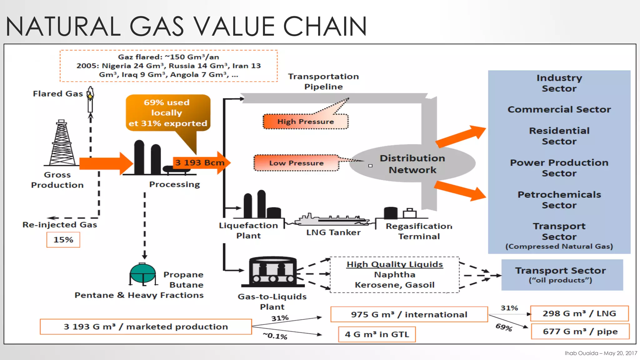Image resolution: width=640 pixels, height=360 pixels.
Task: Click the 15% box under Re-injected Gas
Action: coord(63,240)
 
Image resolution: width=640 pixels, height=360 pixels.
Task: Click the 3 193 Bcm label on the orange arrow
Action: coord(199,163)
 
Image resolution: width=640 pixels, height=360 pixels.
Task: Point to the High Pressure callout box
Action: coord(305,122)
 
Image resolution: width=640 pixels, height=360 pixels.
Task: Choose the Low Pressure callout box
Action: coord(296,163)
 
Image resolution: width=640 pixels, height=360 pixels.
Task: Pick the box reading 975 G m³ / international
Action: coord(409,314)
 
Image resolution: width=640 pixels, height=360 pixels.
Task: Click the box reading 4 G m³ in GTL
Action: coord(377,334)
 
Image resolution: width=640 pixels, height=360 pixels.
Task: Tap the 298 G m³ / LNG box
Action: coord(579,313)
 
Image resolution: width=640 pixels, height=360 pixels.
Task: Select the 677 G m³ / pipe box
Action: coord(580,332)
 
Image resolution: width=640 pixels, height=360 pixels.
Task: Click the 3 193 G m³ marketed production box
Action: coord(146,327)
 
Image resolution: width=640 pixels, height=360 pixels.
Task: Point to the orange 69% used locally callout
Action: coord(168,113)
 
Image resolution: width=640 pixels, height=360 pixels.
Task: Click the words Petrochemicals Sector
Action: coord(559,200)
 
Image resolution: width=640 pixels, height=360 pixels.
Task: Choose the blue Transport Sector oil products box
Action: coord(562,275)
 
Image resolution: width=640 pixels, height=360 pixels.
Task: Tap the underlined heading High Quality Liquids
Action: coord(395,264)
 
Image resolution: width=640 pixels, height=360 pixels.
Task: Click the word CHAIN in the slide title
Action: coord(325,26)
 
